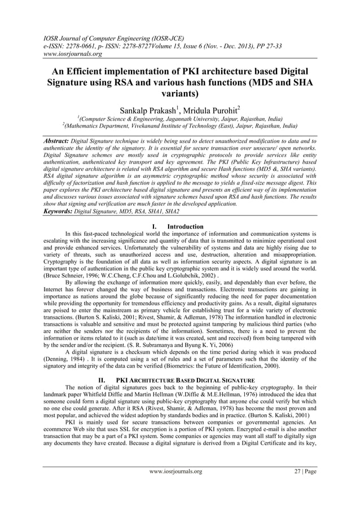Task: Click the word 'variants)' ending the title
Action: (180, 95)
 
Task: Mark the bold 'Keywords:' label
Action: (62, 211)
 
